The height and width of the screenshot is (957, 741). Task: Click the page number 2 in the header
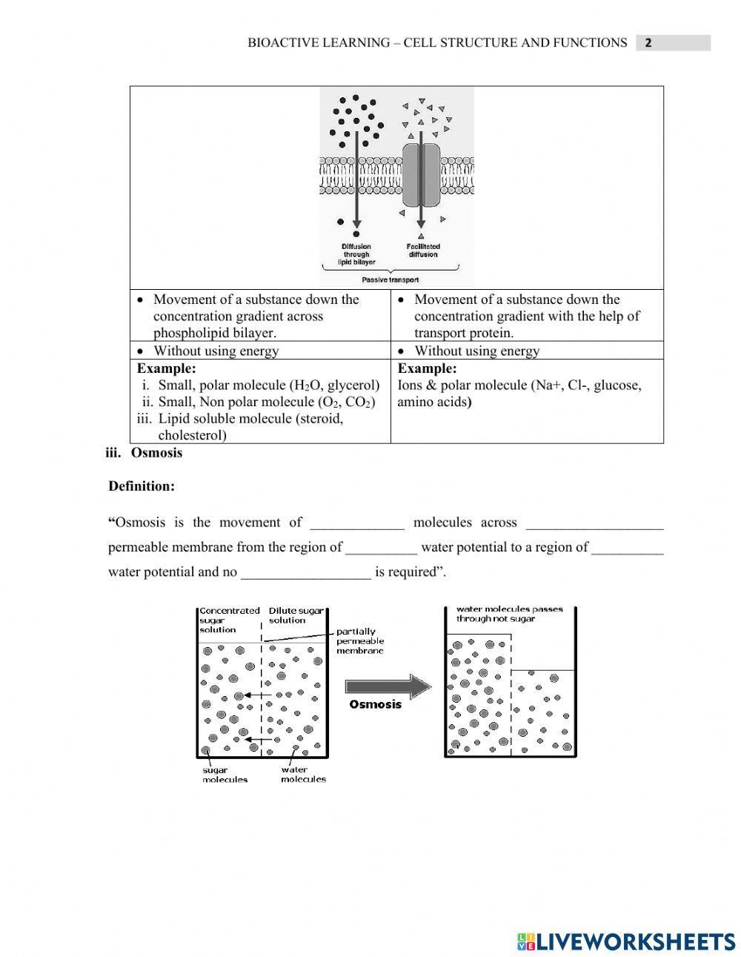648,43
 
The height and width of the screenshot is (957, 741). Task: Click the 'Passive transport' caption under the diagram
390,280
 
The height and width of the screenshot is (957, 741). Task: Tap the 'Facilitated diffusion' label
423,251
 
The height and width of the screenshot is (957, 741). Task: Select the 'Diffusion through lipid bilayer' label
356,254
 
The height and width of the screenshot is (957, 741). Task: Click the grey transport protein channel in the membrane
421,175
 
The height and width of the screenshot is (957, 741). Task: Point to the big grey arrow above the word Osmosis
388,686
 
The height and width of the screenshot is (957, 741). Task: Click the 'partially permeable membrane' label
359,641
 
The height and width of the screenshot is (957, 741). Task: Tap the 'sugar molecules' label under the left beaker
225,775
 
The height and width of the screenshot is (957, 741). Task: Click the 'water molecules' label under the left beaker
303,775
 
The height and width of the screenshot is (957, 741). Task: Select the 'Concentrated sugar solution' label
228,620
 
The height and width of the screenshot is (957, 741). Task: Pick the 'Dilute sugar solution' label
295,615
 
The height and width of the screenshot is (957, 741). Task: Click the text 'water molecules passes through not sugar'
508,614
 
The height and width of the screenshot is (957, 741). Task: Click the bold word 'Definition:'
142,486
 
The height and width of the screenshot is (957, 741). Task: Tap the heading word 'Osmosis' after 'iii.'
156,453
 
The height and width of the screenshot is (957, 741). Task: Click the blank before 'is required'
305,572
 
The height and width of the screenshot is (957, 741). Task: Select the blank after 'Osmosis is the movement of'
357,523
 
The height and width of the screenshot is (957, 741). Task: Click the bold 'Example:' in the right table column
427,368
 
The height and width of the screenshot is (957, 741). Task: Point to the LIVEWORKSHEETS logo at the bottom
626,941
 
